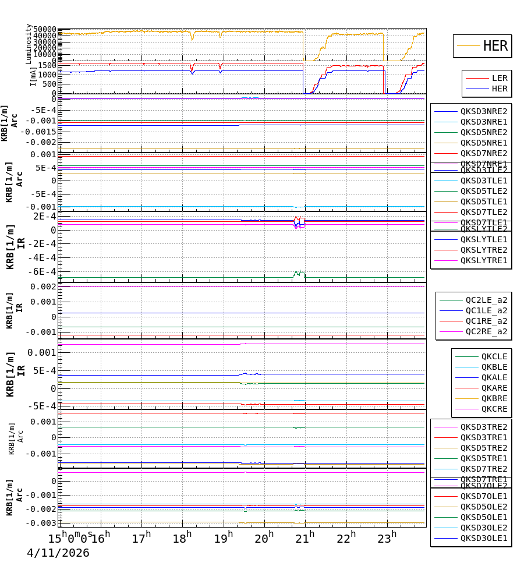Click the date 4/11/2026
[58, 553]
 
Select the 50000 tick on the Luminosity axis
[45, 29]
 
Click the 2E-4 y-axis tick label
[45, 216]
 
